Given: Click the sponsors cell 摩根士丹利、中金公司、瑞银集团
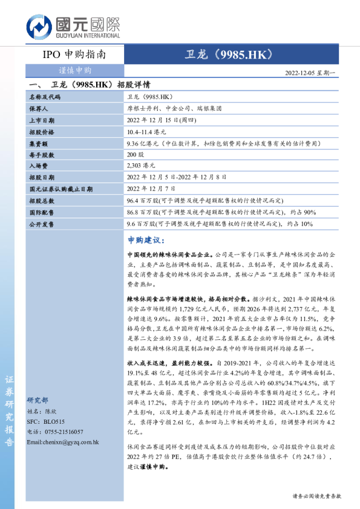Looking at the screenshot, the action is [174, 109].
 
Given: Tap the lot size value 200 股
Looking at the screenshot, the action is [136, 155].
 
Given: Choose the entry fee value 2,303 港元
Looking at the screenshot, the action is [141, 166].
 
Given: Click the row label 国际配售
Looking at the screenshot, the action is [41, 212].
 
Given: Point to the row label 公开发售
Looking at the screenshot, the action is [41, 224].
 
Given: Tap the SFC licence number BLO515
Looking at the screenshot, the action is [54, 421].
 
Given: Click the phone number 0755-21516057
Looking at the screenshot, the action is [62, 432].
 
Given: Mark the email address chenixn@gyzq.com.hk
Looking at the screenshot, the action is [64, 442].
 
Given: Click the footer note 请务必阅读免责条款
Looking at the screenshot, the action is [316, 496].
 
